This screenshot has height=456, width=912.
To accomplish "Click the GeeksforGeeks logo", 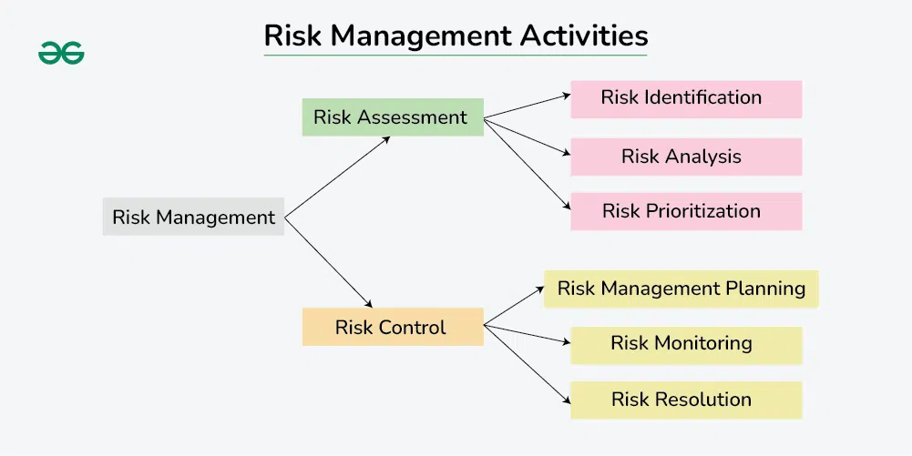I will pyautogui.click(x=61, y=54).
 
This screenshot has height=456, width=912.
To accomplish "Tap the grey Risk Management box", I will pyautogui.click(x=193, y=218).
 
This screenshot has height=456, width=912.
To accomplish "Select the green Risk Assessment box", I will pyautogui.click(x=393, y=117).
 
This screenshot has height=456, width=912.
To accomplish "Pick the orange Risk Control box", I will pyautogui.click(x=393, y=328).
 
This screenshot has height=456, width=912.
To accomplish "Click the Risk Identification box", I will pyautogui.click(x=685, y=98).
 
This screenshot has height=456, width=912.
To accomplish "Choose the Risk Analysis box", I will pyautogui.click(x=685, y=157).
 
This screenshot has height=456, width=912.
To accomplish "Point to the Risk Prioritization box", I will pyautogui.click(x=685, y=211).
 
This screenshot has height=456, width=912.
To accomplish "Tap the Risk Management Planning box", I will pyautogui.click(x=681, y=289).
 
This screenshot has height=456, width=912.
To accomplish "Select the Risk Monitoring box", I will pyautogui.click(x=685, y=344).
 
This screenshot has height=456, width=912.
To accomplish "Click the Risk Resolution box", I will pyautogui.click(x=685, y=400).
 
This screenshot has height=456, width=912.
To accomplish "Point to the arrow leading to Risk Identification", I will pyautogui.click(x=527, y=106).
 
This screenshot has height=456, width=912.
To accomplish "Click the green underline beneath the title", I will pyautogui.click(x=456, y=56).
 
